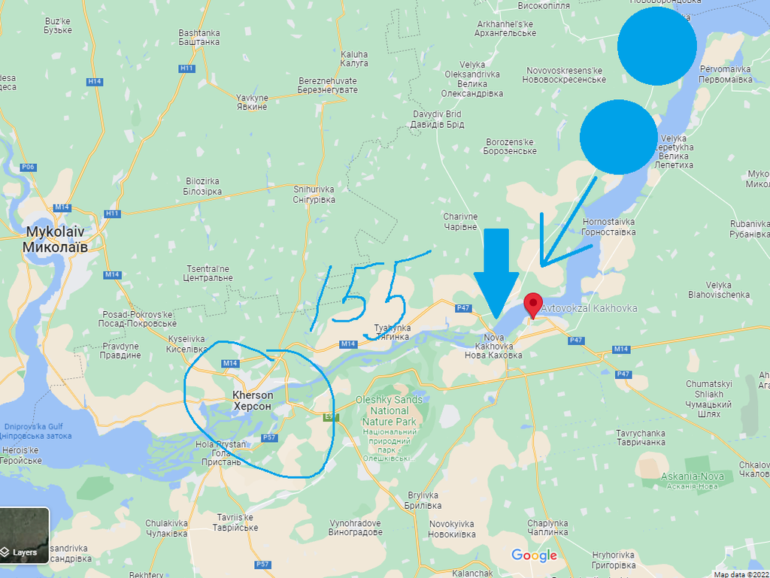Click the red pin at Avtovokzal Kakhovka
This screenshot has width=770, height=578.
[533, 304]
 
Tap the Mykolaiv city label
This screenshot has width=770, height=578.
[56, 238]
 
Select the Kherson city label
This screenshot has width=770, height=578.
[253, 400]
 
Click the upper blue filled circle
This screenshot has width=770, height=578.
[656, 46]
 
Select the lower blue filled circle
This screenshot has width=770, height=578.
[619, 137]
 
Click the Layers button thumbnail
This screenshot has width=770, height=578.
[25, 535]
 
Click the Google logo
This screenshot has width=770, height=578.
[534, 556]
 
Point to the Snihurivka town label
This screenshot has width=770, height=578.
[314, 194]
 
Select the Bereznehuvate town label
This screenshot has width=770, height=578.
[327, 85]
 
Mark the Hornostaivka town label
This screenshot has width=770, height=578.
[608, 227]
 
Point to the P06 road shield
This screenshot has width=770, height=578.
[29, 167]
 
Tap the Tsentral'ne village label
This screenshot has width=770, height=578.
[209, 273]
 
